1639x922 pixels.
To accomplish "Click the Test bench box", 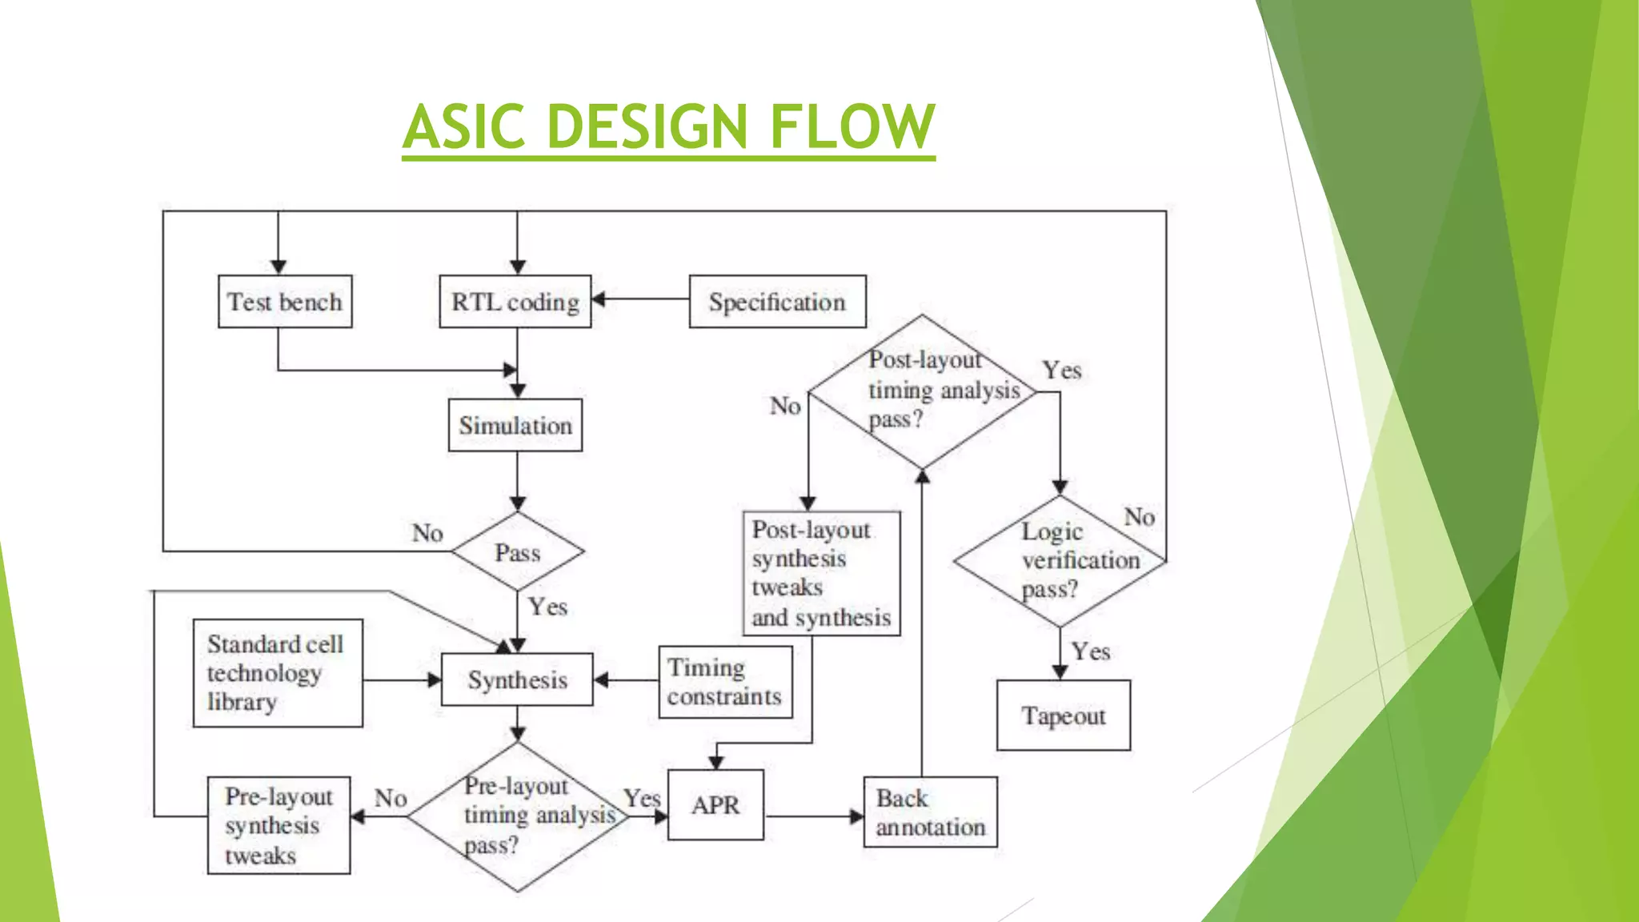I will tap(285, 302).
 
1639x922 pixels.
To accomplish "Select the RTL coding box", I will tap(515, 302).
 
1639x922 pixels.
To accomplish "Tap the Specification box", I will tap(777, 302).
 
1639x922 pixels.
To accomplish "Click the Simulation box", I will tap(515, 425).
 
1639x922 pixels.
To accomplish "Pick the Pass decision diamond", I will tap(518, 551).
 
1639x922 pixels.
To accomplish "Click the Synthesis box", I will tap(517, 679).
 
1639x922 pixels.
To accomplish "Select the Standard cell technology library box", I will tap(278, 673).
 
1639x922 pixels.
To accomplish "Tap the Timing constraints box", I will tap(725, 682).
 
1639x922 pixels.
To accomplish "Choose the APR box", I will tap(715, 804).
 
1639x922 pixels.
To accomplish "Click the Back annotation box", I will tap(930, 812).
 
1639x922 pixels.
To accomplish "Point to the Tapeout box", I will tap(1064, 715).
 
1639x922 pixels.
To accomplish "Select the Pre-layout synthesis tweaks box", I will tap(279, 825).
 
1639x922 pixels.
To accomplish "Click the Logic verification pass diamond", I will tap(1060, 560).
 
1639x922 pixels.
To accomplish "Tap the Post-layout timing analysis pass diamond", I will tap(922, 391).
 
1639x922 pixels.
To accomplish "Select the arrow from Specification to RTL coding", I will tap(640, 299).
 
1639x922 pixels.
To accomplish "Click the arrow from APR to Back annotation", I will tap(813, 816).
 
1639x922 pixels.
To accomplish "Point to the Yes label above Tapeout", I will tap(1091, 651).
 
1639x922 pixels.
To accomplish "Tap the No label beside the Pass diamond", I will tap(427, 533).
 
